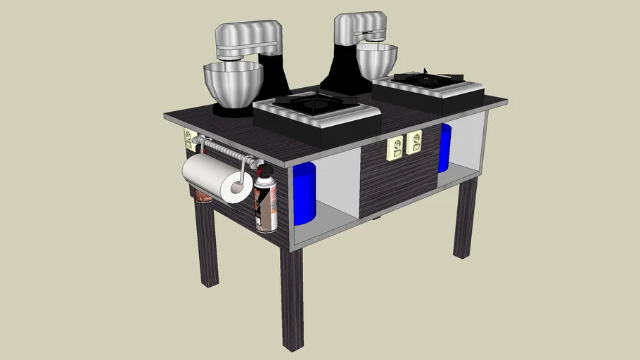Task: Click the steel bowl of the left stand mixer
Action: (x=233, y=83)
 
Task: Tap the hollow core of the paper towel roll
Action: (x=236, y=188)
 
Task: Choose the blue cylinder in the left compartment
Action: (x=304, y=193)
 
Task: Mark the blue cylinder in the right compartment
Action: (x=444, y=148)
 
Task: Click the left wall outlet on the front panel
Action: (x=395, y=149)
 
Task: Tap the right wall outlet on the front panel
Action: (x=414, y=143)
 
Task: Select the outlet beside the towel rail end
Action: (x=189, y=139)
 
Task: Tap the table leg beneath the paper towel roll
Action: (x=206, y=246)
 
